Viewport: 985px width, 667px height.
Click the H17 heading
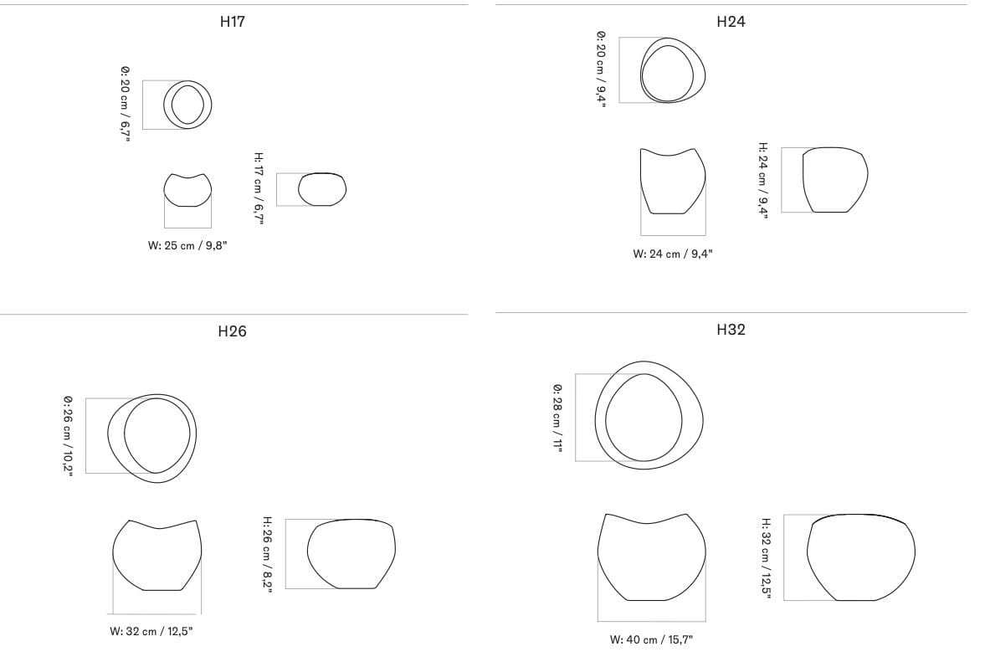coord(233,22)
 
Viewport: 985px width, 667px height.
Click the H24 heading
coord(731,22)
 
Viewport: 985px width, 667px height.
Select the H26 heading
coord(232,331)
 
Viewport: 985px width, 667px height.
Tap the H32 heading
coord(731,329)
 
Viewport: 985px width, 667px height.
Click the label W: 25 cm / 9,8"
coord(187,245)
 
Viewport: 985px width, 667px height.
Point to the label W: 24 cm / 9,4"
coord(673,254)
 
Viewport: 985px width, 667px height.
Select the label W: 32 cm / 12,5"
coord(151,631)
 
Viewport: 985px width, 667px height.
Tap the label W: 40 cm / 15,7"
coord(651,640)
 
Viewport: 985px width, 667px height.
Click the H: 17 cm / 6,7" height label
coord(259,187)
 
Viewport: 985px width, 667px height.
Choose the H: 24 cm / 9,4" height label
coord(762,180)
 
